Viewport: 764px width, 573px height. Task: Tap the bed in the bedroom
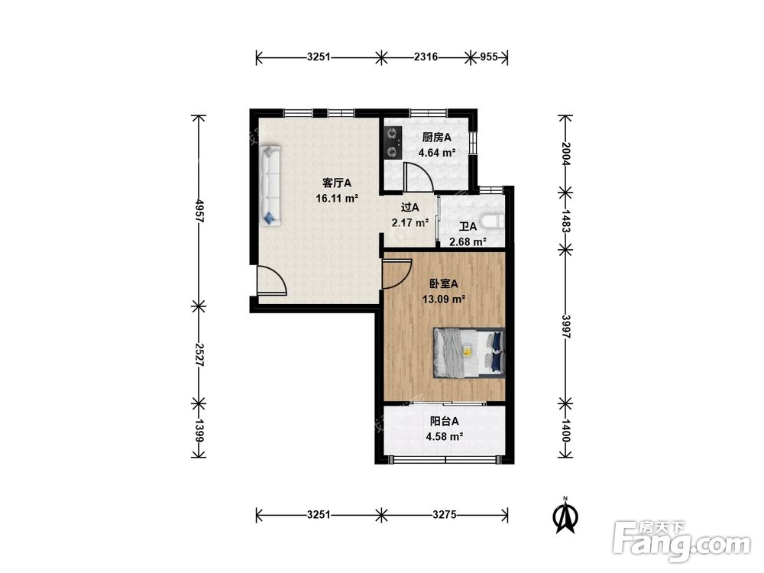pos(469,353)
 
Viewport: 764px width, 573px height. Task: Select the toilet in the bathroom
pos(493,222)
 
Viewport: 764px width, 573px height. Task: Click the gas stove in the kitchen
pos(393,143)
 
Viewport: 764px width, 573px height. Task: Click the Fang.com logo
pos(681,541)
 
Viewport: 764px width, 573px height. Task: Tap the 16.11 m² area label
pos(337,199)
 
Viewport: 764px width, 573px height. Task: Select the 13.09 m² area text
pos(443,299)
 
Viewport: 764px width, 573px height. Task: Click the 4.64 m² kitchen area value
pos(437,153)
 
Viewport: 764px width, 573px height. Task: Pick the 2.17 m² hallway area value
pos(410,223)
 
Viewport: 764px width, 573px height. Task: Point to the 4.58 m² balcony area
pos(445,436)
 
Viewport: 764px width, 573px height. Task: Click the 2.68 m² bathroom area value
pos(468,241)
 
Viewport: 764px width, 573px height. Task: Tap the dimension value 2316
pos(426,57)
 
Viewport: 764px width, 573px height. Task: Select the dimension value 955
pos(489,57)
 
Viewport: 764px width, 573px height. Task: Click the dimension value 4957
pos(199,211)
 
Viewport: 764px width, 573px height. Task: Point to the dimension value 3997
pos(565,326)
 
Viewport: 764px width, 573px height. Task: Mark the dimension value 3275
pos(445,514)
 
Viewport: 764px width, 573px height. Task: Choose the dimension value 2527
pos(199,354)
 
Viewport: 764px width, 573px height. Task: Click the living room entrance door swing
pos(271,280)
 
